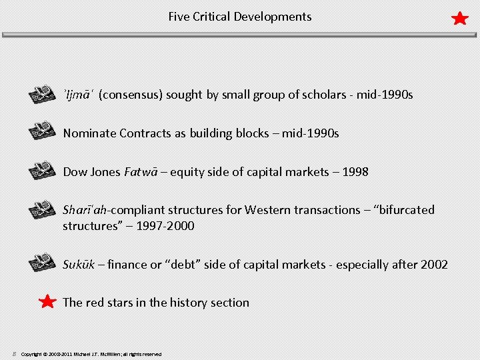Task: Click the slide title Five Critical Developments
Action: (239, 17)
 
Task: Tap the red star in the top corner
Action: (460, 18)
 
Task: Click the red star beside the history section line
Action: (47, 303)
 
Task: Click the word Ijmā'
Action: (79, 95)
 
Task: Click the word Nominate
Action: (89, 133)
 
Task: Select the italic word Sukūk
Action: (77, 265)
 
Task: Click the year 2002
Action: (433, 265)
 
